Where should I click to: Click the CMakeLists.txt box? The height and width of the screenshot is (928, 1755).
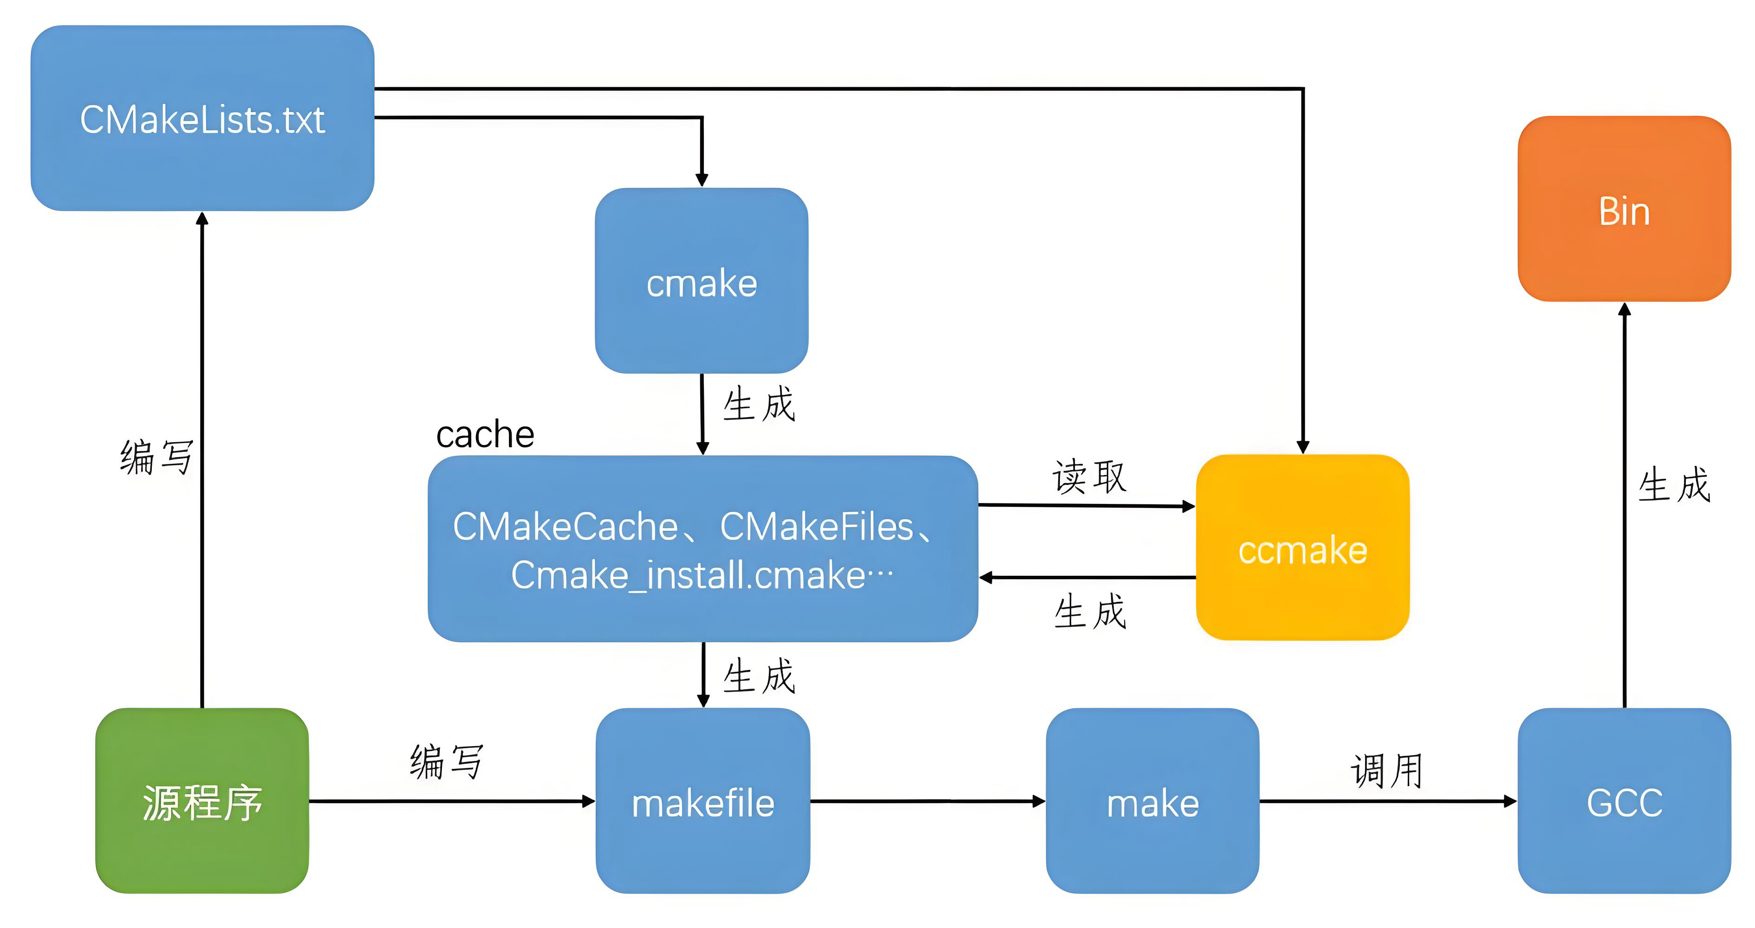tap(202, 118)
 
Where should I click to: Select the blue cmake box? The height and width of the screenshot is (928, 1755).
tap(701, 281)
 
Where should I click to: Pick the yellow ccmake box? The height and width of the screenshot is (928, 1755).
tap(1302, 548)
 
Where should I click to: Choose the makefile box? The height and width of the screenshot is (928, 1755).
tap(702, 801)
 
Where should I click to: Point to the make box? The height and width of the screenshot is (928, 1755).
tap(1152, 801)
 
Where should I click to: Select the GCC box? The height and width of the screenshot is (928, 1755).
tap(1624, 801)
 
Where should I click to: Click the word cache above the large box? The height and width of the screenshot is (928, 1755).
tap(485, 434)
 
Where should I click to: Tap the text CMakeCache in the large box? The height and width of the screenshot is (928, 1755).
tap(565, 526)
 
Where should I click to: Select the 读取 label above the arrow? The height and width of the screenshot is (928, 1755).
tap(1089, 476)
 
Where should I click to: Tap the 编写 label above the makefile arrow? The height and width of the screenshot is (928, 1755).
tap(446, 760)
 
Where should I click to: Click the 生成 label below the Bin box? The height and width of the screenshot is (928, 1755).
tap(1674, 485)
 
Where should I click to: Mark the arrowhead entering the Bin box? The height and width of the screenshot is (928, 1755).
tap(1624, 310)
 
